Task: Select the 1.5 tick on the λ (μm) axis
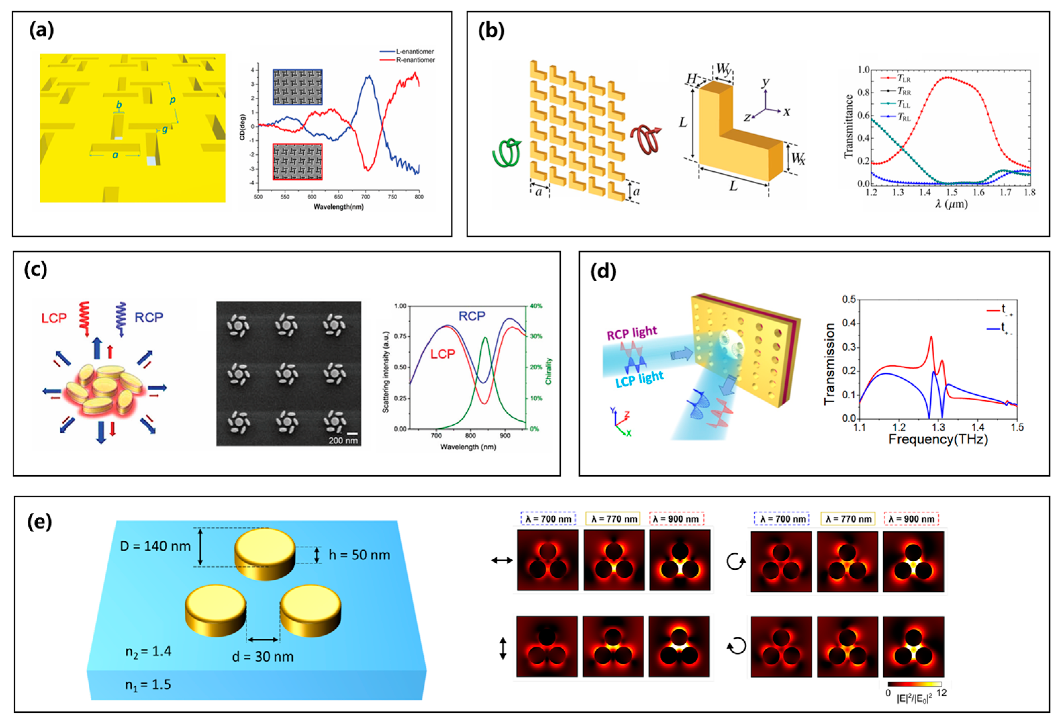coord(952,192)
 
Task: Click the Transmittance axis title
coord(848,127)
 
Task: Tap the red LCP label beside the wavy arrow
coord(54,318)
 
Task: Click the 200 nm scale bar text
coord(343,441)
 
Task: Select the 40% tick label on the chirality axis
coord(536,306)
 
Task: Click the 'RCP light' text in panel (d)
coord(632,333)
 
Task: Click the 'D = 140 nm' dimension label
coord(155,546)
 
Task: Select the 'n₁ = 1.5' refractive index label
coord(148,684)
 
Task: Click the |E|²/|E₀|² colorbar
coord(915,684)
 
